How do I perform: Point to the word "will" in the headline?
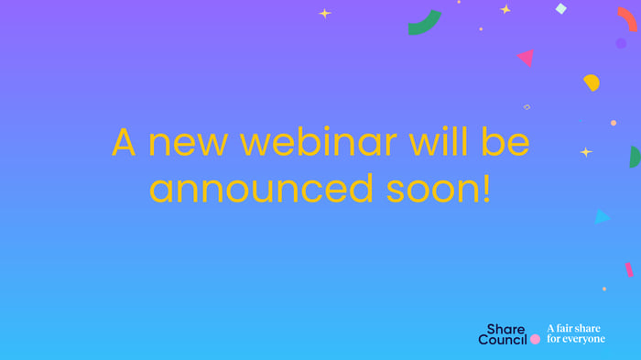[x=442, y=144]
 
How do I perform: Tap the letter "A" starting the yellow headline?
[x=124, y=144]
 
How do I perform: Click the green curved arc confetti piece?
[x=423, y=24]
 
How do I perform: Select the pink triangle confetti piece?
[x=526, y=58]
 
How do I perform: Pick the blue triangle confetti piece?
[x=601, y=217]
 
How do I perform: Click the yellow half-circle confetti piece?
[x=592, y=82]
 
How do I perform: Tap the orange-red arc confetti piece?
[x=627, y=18]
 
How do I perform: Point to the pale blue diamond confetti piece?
[x=561, y=9]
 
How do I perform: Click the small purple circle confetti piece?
[x=621, y=43]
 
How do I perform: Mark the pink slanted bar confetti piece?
[x=628, y=269]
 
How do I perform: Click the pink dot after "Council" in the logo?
[x=535, y=339]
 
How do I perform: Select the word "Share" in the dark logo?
[x=505, y=328]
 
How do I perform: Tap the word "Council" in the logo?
[x=503, y=340]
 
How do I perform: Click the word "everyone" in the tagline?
[x=583, y=339]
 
